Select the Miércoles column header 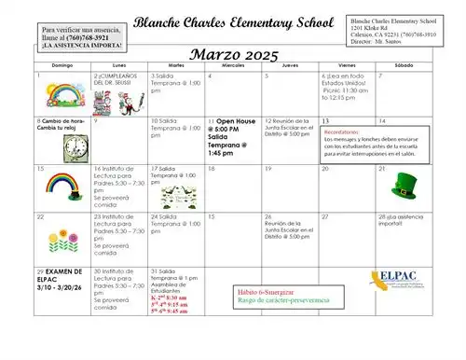coord(232,66)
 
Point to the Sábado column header coord(403,66)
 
